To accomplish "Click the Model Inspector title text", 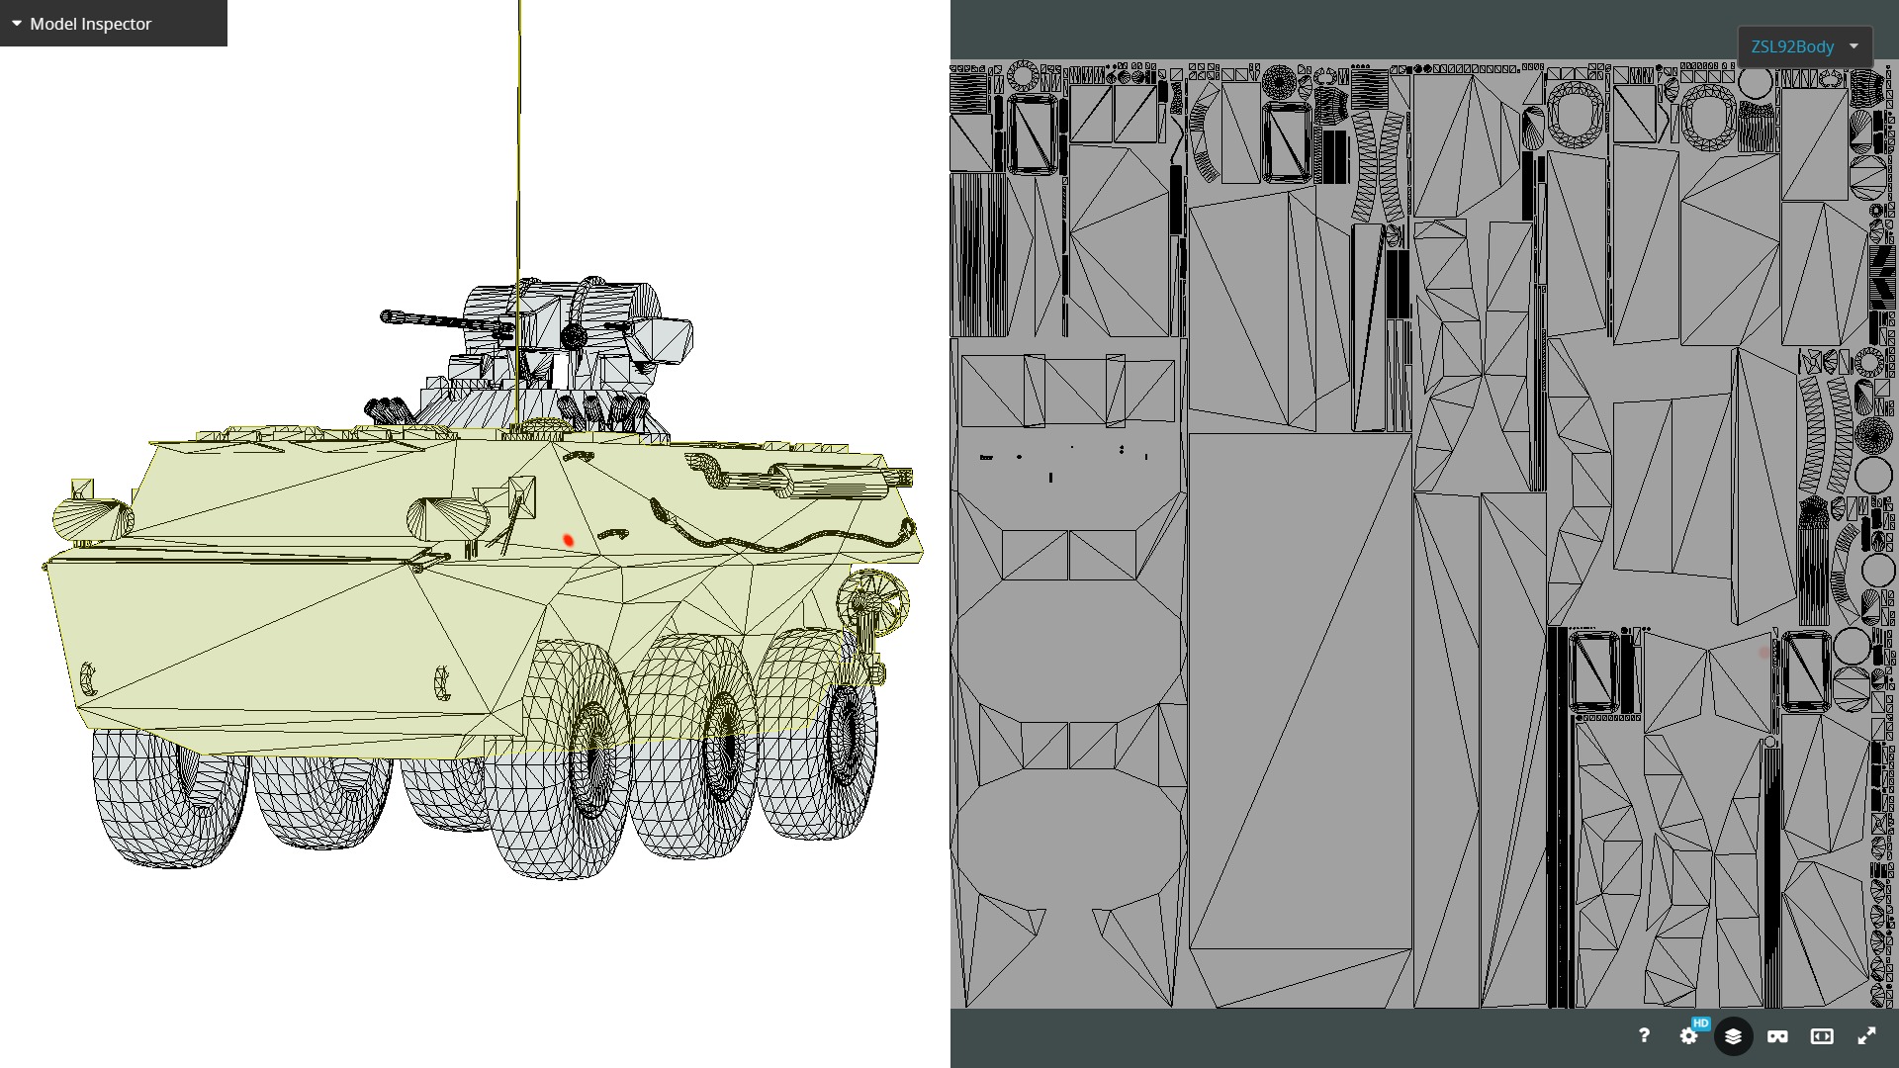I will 90,24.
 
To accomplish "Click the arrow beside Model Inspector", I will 17,23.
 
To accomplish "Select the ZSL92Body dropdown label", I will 1791,46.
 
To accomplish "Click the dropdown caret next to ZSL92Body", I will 1854,46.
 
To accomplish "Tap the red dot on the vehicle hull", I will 568,540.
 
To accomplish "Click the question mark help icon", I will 1643,1035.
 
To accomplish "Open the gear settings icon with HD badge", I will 1689,1035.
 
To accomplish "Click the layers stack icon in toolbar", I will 1733,1035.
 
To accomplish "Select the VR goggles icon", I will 1777,1035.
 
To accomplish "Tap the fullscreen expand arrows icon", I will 1866,1035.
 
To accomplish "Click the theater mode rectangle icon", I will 1822,1035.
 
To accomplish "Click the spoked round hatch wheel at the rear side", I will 872,598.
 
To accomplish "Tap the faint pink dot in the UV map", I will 1763,653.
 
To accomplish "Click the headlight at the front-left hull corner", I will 91,518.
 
